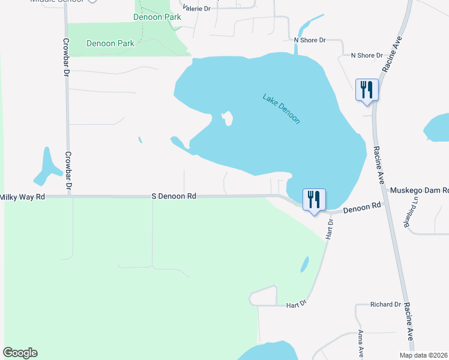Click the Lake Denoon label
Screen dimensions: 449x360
point(281,109)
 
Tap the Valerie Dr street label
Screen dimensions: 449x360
point(197,9)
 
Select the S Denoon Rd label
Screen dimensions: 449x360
point(174,196)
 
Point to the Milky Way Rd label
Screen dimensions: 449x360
point(23,197)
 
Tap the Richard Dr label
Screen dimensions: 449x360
point(385,305)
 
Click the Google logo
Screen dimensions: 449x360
point(20,353)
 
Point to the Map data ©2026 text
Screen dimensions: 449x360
point(424,355)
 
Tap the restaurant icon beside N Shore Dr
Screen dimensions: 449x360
point(366,90)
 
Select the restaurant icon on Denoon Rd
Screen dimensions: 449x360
point(313,199)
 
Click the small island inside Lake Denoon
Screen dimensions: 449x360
point(228,119)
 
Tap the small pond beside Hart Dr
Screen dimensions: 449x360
point(304,264)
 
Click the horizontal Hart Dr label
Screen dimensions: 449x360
point(297,305)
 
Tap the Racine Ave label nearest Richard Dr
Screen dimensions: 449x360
point(408,321)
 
